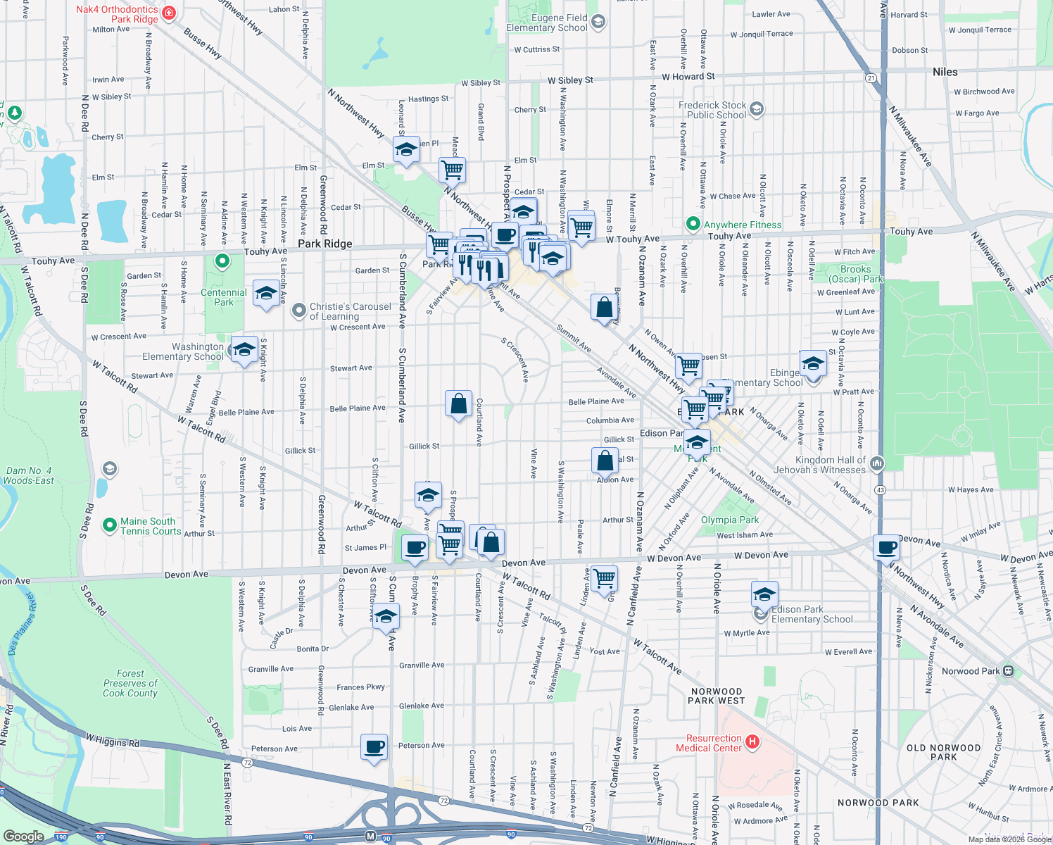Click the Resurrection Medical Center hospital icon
[x=752, y=741]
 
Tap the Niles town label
[x=945, y=72]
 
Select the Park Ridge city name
[x=324, y=244]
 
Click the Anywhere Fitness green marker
[x=693, y=224]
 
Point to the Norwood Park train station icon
[x=1008, y=671]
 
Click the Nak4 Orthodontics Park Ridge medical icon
[x=168, y=13]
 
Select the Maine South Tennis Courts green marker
[x=109, y=525]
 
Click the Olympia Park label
[x=730, y=520]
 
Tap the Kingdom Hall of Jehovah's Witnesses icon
[x=876, y=463]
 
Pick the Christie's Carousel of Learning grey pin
[x=299, y=310]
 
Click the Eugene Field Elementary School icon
[x=598, y=22]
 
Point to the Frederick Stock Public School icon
[x=757, y=108]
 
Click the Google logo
[x=24, y=836]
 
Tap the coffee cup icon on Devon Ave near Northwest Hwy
[x=887, y=547]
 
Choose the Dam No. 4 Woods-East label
[x=29, y=475]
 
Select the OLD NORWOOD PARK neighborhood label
[x=943, y=752]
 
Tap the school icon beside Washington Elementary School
[x=244, y=350]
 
